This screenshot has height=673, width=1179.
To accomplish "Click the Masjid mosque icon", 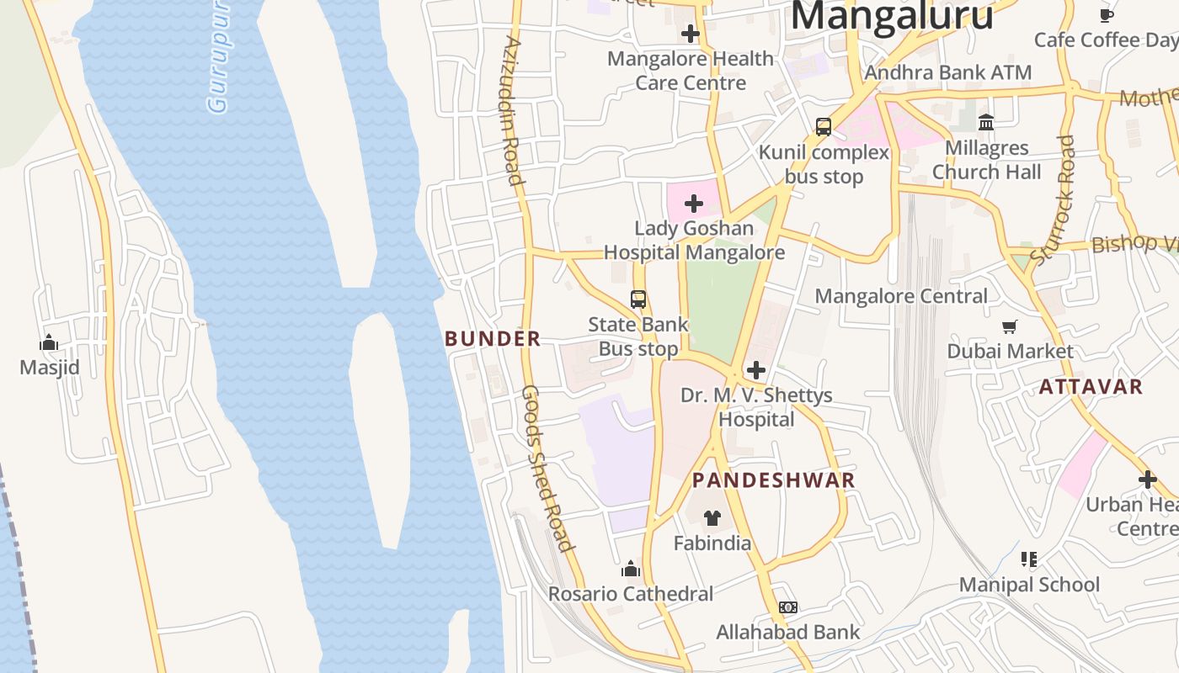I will point(49,342).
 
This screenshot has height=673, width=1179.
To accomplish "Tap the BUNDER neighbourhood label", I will point(493,339).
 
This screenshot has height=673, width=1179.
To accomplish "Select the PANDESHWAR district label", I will point(773,480).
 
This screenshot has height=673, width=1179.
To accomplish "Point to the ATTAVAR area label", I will point(1091,387).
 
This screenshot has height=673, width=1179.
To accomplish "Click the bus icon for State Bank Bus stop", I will point(638,299).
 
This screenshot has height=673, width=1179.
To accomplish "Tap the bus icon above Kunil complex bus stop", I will point(824,127).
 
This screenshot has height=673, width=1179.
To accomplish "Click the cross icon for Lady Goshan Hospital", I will point(694,204).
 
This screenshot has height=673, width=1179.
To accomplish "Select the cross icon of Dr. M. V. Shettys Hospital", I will point(756,370).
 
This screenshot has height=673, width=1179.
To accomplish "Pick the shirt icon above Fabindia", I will point(712,518).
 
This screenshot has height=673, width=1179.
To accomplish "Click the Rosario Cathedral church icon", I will point(631,570).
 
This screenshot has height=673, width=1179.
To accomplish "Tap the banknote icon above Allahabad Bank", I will point(787,607).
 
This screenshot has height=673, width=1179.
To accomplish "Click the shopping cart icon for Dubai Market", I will point(1010,326).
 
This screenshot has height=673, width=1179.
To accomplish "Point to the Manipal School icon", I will point(1028,559).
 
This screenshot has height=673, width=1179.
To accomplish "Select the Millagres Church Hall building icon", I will point(986,124).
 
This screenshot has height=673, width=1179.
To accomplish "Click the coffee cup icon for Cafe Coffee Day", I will point(1107,15).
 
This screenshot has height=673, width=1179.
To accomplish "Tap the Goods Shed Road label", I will point(547,468).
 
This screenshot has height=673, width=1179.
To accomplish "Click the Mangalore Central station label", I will point(901,296).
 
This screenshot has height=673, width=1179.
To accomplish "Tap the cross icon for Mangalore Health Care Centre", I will point(691,34).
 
